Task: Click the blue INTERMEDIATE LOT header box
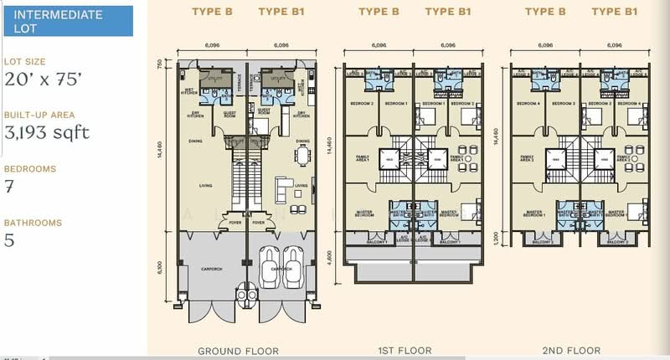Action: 66,21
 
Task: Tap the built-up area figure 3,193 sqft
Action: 47,132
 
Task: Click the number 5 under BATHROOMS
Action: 9,240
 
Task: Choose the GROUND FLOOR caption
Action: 238,351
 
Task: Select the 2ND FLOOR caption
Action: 573,351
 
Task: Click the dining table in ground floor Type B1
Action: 301,157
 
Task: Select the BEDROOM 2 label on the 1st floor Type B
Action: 362,103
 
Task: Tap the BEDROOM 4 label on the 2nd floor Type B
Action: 528,103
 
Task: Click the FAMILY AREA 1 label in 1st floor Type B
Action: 360,157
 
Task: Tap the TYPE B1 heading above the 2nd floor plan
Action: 611,13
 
